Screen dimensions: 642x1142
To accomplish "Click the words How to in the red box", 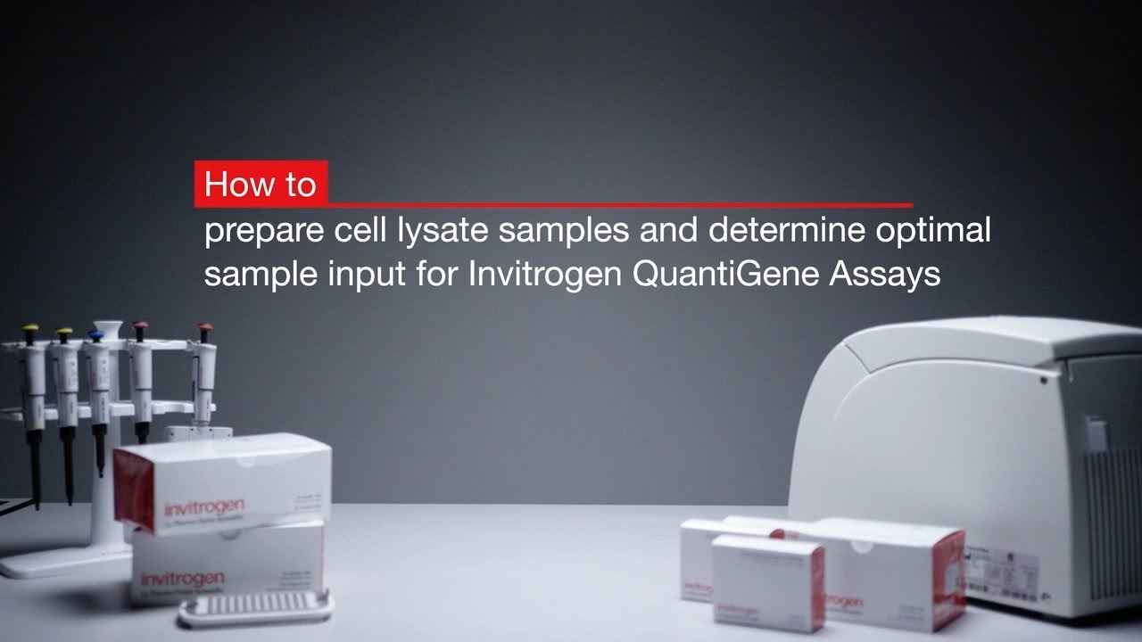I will coord(260,184).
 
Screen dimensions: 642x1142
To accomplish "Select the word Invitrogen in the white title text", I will coord(544,273).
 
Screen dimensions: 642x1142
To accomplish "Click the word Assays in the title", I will coord(885,273).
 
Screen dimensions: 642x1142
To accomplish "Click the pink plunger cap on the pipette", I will coord(140,327).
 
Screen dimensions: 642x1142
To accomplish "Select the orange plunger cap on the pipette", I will coord(204,329).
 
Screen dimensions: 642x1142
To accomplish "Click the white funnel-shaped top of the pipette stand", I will coord(107,330).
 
